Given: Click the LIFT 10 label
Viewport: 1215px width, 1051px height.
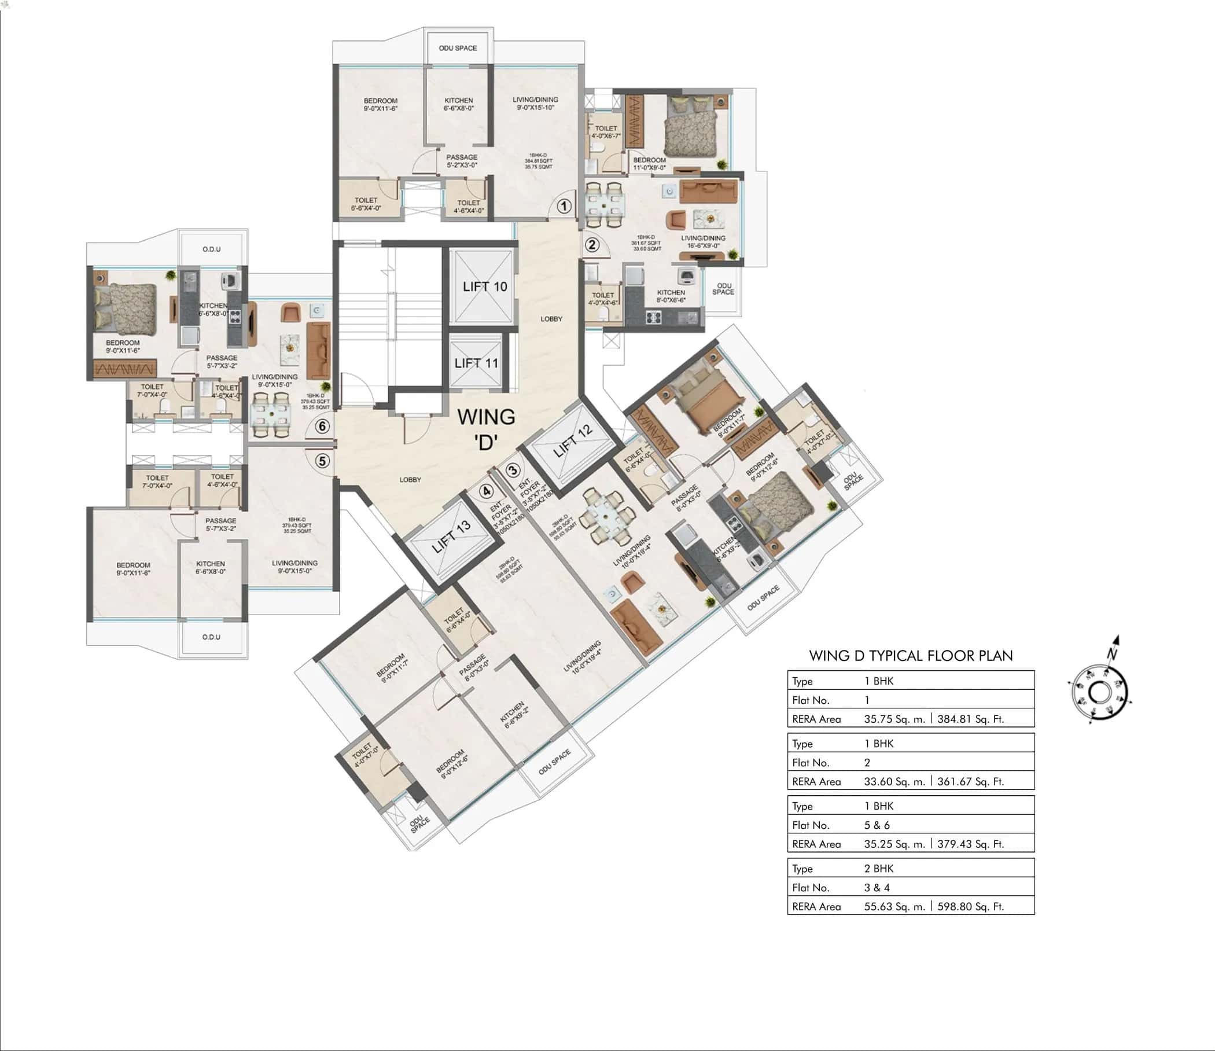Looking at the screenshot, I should (x=484, y=286).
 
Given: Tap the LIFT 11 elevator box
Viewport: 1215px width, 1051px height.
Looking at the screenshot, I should (x=476, y=363).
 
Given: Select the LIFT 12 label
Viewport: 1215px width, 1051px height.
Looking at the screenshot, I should (x=573, y=440).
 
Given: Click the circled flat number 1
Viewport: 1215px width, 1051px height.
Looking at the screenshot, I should (x=564, y=206).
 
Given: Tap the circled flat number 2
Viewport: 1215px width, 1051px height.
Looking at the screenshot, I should (x=592, y=244).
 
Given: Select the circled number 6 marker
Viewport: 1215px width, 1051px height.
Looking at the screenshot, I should (x=322, y=427).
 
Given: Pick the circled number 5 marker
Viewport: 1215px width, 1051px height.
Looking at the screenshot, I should (x=322, y=461).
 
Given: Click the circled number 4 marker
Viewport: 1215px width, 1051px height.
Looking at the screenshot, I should (x=486, y=491).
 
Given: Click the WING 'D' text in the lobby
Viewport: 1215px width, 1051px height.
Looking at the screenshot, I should (x=486, y=429).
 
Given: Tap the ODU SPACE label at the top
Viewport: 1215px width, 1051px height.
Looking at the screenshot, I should (x=458, y=48).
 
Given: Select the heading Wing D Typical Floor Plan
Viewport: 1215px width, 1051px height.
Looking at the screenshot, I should (x=911, y=656).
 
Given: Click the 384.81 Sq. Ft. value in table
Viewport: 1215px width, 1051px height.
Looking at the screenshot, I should (x=970, y=719).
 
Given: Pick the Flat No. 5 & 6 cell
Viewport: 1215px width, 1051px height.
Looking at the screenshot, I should (x=877, y=825).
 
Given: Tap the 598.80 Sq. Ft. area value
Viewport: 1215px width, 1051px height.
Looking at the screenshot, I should (x=970, y=906).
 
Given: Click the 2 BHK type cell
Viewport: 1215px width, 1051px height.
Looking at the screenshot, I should (x=878, y=869).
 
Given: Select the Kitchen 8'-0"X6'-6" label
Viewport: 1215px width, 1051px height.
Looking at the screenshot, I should (x=671, y=296).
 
